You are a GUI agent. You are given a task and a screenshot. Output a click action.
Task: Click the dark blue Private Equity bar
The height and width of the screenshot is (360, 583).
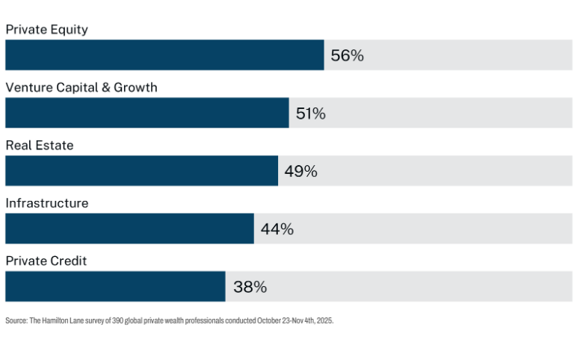164,55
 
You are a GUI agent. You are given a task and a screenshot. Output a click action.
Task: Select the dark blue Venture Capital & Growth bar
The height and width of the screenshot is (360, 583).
147,113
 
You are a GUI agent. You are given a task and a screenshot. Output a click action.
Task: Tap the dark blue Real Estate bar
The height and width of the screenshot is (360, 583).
142,171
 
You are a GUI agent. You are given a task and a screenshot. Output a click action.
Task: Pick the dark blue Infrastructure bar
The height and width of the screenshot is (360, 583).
130,229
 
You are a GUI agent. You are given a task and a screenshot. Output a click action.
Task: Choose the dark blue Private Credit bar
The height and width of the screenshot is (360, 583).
115,287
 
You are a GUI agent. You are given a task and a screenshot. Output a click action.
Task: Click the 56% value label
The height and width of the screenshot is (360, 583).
348,56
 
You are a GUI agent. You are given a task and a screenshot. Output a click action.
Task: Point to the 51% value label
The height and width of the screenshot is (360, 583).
311,114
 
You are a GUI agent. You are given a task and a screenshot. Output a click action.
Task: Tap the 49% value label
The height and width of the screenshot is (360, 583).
300,171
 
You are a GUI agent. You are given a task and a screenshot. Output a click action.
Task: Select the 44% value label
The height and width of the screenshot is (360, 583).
277,229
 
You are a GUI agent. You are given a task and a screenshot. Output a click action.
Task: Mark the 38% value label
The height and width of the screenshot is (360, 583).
250,287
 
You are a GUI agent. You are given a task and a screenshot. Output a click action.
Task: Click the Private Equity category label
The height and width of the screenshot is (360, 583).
47,30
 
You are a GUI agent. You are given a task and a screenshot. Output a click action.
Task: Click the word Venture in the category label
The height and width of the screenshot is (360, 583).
29,87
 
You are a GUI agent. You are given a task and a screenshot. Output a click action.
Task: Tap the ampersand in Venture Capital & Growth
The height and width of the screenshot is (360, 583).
106,87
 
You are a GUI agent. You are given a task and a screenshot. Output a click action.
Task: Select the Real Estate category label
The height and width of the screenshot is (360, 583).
40,145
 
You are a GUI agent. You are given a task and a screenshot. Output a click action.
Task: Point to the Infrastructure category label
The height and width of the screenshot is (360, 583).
47,203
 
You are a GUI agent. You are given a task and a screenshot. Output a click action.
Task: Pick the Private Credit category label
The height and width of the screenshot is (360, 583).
46,261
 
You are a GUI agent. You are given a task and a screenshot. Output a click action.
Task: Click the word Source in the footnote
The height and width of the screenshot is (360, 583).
16,320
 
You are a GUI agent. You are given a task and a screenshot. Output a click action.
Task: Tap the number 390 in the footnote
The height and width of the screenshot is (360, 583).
117,320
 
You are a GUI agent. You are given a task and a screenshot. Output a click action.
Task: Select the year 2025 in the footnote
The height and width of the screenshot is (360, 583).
324,320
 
